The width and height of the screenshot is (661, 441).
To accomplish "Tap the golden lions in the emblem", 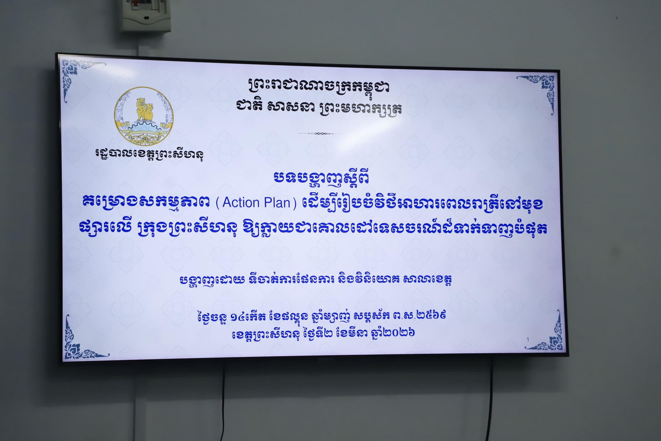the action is tap(144, 109).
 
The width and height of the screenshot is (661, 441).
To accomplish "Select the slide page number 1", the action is tap(527, 340).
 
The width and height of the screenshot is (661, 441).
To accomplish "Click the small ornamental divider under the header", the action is tap(320, 133).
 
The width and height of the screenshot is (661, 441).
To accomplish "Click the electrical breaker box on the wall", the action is tap(146, 15).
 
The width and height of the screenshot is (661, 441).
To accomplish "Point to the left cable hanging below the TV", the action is tap(223, 401).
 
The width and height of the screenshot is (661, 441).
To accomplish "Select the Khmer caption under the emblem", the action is tap(149, 154).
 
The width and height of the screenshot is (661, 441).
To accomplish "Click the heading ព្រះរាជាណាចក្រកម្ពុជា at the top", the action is tap(319, 86).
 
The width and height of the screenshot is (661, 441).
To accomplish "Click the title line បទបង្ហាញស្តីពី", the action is tap(321, 178).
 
